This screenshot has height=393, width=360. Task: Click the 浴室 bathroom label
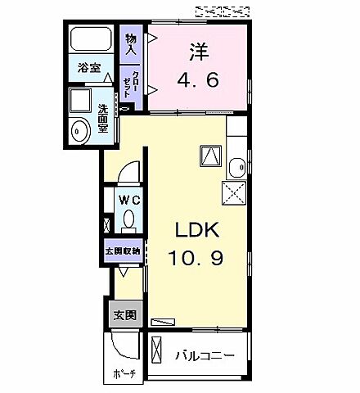click(x=89, y=69)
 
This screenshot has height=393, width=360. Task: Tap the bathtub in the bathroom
click(x=92, y=40)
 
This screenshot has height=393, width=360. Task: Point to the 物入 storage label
click(x=131, y=42)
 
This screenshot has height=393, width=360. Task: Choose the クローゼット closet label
click(x=131, y=83)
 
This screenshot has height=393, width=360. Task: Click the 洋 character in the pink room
click(x=198, y=52)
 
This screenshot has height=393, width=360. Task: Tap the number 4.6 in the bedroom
click(x=198, y=80)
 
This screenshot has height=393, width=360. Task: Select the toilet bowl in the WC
click(x=128, y=219)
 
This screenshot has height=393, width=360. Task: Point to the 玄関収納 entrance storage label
click(x=123, y=251)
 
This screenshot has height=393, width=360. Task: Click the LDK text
click(x=194, y=229)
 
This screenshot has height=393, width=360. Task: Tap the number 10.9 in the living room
click(x=196, y=258)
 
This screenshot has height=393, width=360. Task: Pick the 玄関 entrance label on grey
click(x=124, y=315)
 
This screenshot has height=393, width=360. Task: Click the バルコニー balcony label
click(x=205, y=356)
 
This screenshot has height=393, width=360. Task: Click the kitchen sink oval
click(x=236, y=169)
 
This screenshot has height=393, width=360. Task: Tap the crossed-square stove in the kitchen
click(x=233, y=192)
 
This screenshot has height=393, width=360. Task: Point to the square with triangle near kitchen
click(x=209, y=155)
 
